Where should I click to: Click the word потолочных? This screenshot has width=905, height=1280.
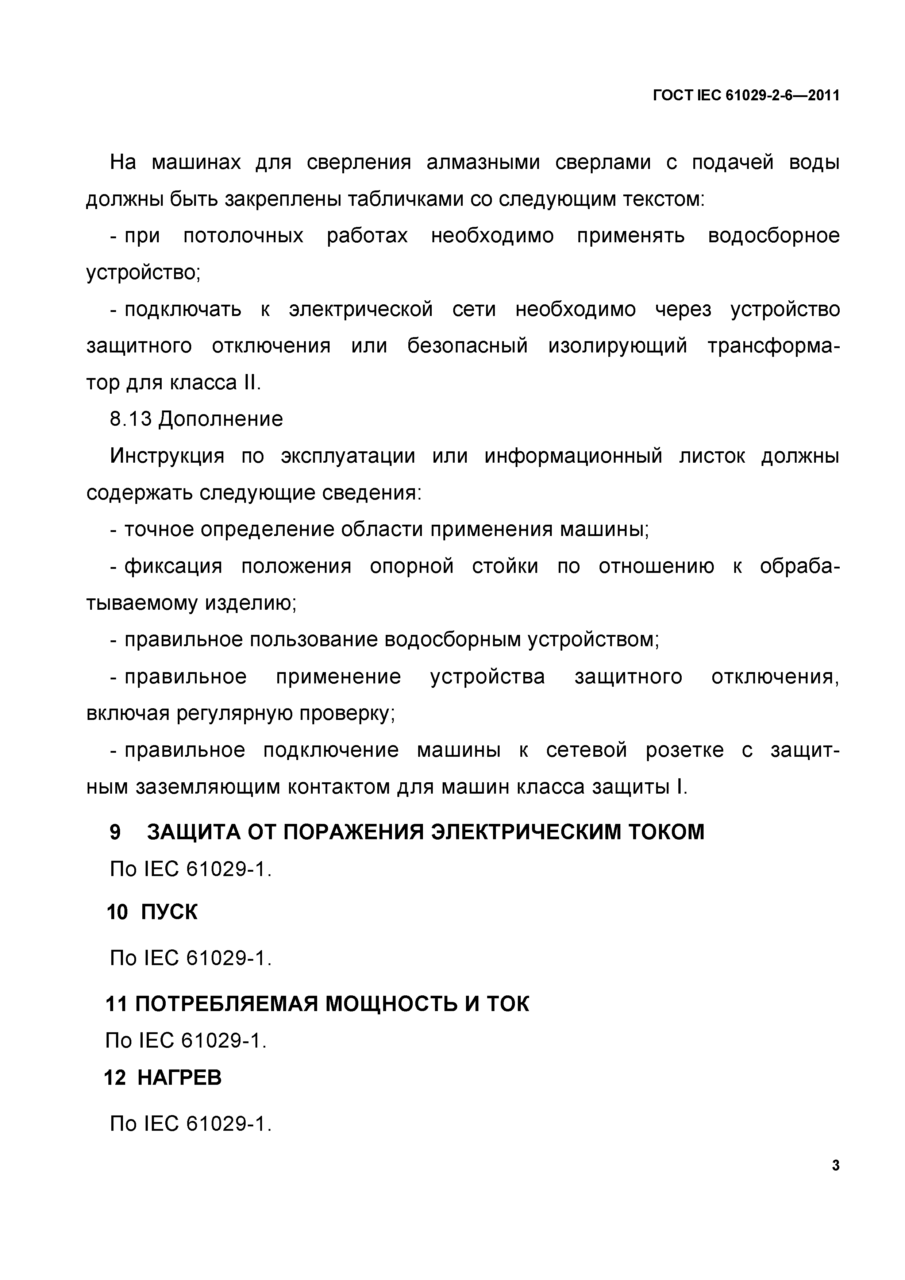(x=243, y=236)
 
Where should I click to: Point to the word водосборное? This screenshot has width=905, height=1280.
(x=773, y=236)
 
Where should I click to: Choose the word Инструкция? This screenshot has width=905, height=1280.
(x=167, y=456)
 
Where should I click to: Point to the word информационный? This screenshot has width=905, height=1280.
(x=573, y=456)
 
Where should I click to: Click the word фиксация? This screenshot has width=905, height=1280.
(x=173, y=566)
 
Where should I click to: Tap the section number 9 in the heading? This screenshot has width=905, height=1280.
(x=115, y=832)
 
